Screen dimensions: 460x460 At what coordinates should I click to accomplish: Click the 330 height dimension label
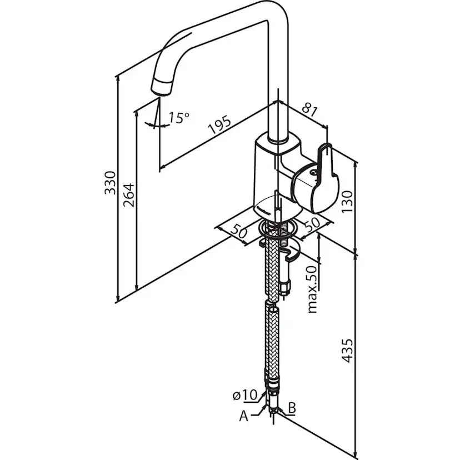tap(111, 183)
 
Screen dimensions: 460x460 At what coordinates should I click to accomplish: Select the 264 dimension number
tap(129, 195)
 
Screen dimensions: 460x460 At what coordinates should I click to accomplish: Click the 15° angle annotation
tap(179, 118)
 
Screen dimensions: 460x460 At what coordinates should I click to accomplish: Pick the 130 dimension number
tap(347, 202)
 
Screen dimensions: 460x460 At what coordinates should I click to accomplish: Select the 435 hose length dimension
tap(347, 351)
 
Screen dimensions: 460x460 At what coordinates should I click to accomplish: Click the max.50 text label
tap(312, 289)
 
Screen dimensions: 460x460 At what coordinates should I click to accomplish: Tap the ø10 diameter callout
tap(245, 395)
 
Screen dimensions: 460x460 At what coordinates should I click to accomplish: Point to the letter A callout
tap(243, 416)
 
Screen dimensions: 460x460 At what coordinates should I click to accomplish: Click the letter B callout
tap(292, 407)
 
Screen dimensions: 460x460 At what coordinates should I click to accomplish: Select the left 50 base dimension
tap(239, 231)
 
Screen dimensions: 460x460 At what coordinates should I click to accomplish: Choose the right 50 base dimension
tap(312, 224)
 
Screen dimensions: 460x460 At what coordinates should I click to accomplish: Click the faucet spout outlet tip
tap(161, 88)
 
